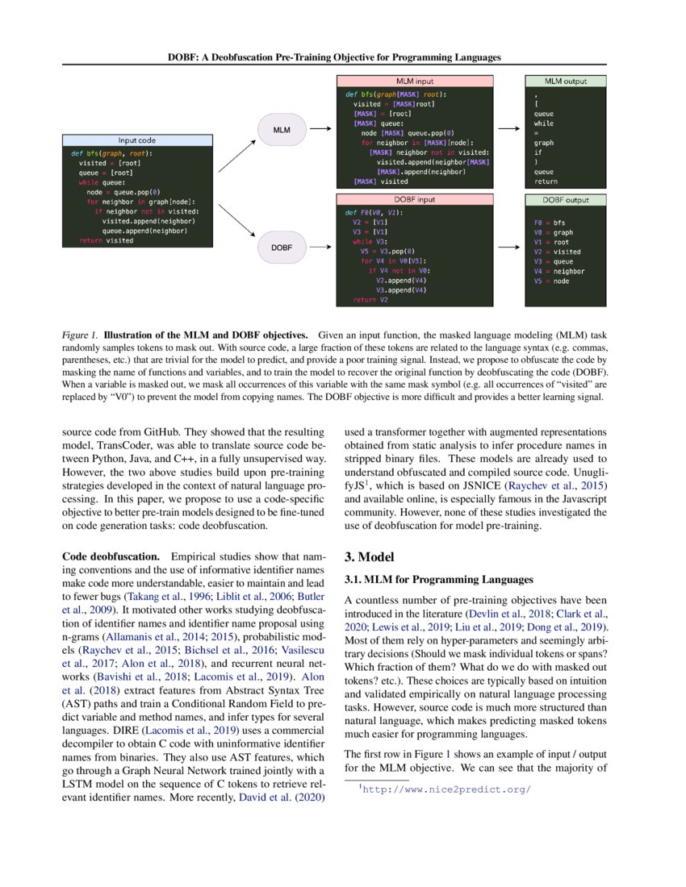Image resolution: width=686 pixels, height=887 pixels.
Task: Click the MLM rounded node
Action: (282, 128)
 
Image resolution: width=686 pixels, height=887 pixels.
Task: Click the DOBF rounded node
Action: (282, 245)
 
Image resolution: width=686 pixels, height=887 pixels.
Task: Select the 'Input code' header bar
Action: (137, 140)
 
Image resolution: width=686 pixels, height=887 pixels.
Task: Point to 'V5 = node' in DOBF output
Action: (551, 281)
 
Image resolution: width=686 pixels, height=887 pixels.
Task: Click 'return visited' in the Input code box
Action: (106, 240)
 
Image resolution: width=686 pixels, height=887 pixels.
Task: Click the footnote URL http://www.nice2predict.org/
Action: (446, 789)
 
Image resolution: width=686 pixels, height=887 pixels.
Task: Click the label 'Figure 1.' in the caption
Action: (80, 334)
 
